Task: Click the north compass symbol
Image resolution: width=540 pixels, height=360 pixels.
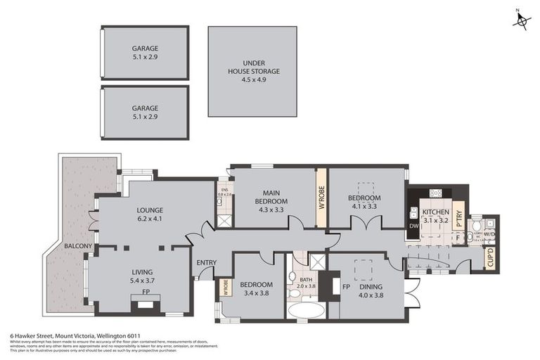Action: [521, 20]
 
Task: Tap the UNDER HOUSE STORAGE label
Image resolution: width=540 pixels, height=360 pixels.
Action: [252, 71]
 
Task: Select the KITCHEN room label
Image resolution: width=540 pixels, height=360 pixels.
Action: [436, 212]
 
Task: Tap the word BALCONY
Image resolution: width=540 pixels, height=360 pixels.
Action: [78, 246]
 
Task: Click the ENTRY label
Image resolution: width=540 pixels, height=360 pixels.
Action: [207, 263]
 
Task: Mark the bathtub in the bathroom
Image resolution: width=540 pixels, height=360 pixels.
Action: [306, 309]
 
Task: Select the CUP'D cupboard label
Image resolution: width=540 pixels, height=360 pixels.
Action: [490, 257]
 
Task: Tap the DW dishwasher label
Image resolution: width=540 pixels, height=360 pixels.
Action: [413, 226]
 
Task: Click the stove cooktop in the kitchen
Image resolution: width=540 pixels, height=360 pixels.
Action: [436, 193]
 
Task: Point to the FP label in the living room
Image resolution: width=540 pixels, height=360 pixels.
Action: [145, 291]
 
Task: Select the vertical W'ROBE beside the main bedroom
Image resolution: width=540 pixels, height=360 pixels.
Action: [321, 198]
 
